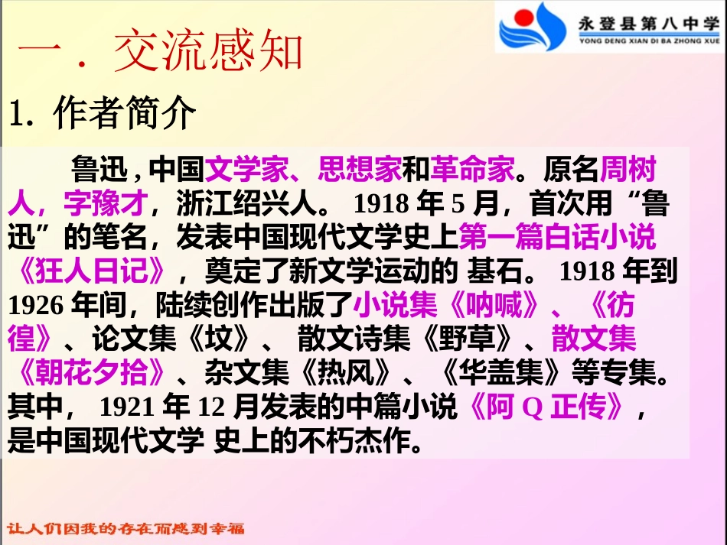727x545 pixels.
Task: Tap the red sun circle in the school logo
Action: pyautogui.click(x=523, y=17)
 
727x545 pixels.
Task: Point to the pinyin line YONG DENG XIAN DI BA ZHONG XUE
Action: pyautogui.click(x=648, y=42)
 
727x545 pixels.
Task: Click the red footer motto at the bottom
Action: pyautogui.click(x=126, y=529)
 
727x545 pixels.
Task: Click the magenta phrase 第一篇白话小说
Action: pyautogui.click(x=557, y=237)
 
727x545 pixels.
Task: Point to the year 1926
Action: pyautogui.click(x=35, y=306)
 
